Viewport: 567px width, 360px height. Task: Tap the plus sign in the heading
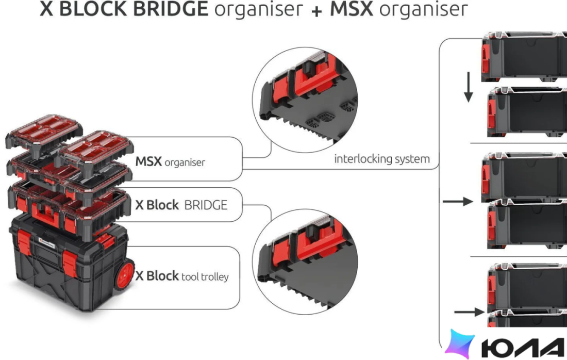[x=316, y=11]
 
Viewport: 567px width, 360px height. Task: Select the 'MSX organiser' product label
[x=170, y=161]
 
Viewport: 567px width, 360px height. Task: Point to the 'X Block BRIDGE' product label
[x=181, y=205]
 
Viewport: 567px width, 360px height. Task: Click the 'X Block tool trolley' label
[x=182, y=276]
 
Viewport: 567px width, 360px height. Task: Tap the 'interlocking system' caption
[x=382, y=159]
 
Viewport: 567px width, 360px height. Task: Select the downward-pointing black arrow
[x=468, y=87]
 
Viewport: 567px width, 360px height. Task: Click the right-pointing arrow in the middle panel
[x=458, y=201]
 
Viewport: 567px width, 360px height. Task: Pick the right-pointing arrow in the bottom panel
[x=470, y=312]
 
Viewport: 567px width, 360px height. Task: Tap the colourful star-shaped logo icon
[x=460, y=343]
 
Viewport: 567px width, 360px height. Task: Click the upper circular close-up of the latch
[x=305, y=100]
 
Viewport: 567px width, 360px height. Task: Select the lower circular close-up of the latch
[x=305, y=261]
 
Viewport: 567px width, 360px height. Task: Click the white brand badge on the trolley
[x=46, y=243]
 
